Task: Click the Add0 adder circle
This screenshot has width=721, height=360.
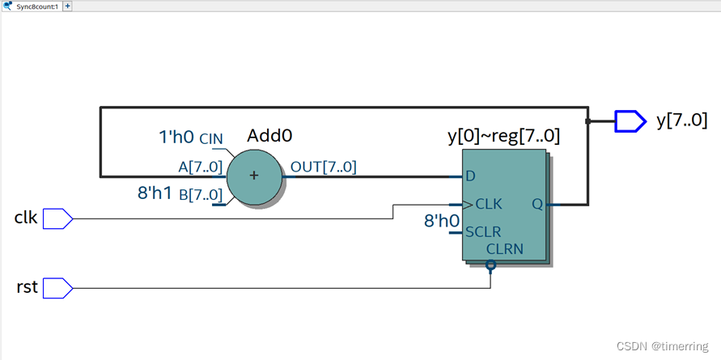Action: pyautogui.click(x=254, y=176)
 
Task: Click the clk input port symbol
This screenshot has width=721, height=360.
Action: pyautogui.click(x=57, y=218)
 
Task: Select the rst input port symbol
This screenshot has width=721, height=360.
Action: pyautogui.click(x=57, y=287)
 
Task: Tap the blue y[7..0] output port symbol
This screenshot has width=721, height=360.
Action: pyautogui.click(x=630, y=121)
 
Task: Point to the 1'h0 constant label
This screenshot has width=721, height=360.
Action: pyautogui.click(x=176, y=138)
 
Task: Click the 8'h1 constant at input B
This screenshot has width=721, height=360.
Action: pyautogui.click(x=155, y=193)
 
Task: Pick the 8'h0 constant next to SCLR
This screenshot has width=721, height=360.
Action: pyautogui.click(x=442, y=220)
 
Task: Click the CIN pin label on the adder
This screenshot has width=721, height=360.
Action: pyautogui.click(x=211, y=139)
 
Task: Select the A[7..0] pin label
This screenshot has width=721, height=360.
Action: pyautogui.click(x=201, y=167)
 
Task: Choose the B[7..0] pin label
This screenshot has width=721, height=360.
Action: pyautogui.click(x=201, y=194)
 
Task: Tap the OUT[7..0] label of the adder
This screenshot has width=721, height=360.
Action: pyautogui.click(x=324, y=167)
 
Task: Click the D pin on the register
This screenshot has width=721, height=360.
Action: pyautogui.click(x=470, y=176)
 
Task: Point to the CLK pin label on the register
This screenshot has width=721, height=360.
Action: pyautogui.click(x=489, y=205)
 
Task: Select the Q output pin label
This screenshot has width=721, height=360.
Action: pyautogui.click(x=537, y=205)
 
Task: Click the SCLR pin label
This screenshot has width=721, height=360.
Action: pyautogui.click(x=483, y=232)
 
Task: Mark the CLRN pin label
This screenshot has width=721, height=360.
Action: pyautogui.click(x=505, y=249)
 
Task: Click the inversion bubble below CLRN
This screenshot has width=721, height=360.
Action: pyautogui.click(x=490, y=265)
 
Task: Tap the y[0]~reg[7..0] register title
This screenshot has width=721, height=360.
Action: pyautogui.click(x=503, y=137)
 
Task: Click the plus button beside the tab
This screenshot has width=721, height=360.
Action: pyautogui.click(x=68, y=6)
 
